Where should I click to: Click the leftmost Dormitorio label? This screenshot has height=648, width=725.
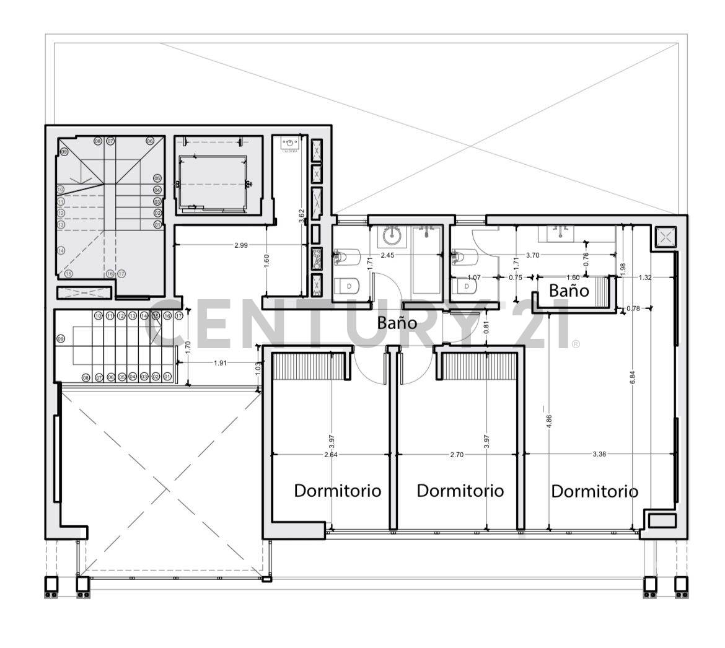tap(337, 491)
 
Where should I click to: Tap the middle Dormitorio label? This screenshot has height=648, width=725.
tap(460, 491)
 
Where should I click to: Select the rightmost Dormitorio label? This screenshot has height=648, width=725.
tap(594, 491)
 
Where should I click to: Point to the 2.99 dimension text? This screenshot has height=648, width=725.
tap(241, 245)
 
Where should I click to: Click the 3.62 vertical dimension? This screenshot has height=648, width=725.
tap(302, 216)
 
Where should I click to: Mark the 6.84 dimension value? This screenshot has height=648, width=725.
tap(631, 379)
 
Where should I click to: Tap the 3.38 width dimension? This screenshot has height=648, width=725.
tap(599, 454)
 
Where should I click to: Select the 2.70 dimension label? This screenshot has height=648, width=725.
tap(456, 454)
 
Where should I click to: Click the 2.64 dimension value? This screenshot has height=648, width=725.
tap(331, 454)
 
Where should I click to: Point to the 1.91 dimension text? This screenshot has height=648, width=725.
tap(220, 363)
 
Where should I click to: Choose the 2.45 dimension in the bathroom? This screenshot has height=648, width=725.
tap(388, 255)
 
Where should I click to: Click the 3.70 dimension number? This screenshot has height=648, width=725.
tap(532, 255)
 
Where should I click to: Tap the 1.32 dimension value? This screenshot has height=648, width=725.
tap(645, 278)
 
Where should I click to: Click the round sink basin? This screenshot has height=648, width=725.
tap(391, 236)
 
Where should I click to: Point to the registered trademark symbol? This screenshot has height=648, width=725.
tap(576, 343)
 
